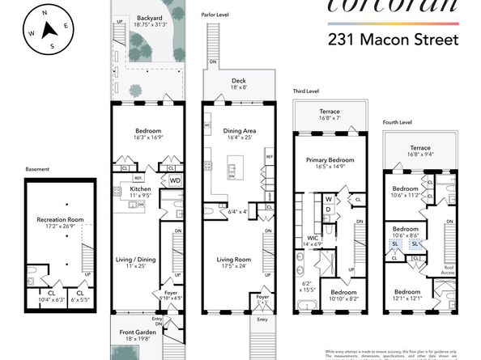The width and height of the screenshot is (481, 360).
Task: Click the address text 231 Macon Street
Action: pyautogui.click(x=393, y=38)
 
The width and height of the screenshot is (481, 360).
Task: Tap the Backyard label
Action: pyautogui.click(x=149, y=16)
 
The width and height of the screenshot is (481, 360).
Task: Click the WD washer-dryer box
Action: pyautogui.click(x=174, y=181)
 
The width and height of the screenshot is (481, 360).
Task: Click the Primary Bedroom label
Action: pyautogui.click(x=326, y=160)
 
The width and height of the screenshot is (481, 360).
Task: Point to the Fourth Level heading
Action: pyautogui.click(x=398, y=122)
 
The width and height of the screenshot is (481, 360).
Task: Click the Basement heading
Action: pyautogui.click(x=37, y=169)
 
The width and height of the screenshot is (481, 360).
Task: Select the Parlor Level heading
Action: pyautogui.click(x=217, y=14)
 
